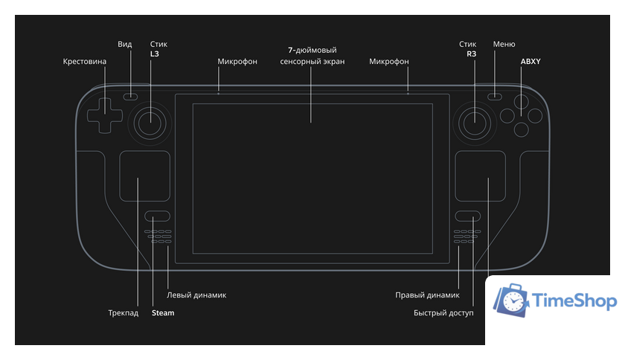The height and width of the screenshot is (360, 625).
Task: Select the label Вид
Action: click(125, 45)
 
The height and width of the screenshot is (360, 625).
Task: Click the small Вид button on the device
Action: click(131, 96)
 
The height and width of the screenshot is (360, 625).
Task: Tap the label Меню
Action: click(504, 45)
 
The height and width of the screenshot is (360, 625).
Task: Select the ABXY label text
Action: click(530, 62)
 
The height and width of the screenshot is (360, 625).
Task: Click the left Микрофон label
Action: click(237, 62)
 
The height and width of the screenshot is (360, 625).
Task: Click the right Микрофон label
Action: click(388, 62)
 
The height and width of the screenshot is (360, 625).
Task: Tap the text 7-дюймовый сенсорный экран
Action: click(312, 56)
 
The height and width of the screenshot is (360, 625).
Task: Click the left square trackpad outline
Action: click(144, 176)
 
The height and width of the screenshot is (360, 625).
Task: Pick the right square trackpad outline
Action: click(481, 176)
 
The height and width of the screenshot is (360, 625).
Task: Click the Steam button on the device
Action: click(157, 216)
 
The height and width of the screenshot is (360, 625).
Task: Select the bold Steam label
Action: click(162, 313)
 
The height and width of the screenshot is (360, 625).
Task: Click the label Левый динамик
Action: click(196, 295)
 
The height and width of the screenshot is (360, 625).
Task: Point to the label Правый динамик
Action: click(426, 295)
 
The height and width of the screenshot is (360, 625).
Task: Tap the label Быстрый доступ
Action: click(443, 313)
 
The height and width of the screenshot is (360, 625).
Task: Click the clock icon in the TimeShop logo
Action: click(512, 300)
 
